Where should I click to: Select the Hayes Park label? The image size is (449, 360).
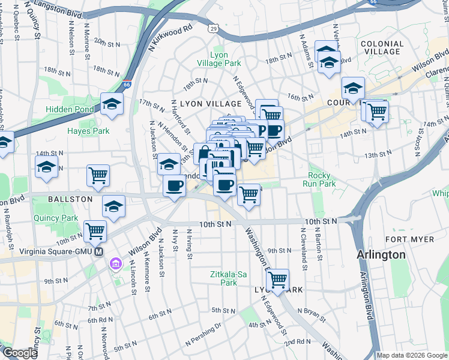click(x=88, y=131)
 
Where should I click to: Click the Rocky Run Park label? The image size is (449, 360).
click(x=318, y=179)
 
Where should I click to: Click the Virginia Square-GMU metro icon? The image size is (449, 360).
click(x=99, y=253)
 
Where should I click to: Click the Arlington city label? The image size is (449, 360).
click(x=381, y=254)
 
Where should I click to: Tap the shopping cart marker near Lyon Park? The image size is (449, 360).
click(x=277, y=280)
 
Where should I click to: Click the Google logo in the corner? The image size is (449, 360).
click(x=19, y=353)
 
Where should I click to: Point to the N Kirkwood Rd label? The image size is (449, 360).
click(x=171, y=35)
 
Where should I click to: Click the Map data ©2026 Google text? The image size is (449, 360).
click(x=411, y=355)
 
